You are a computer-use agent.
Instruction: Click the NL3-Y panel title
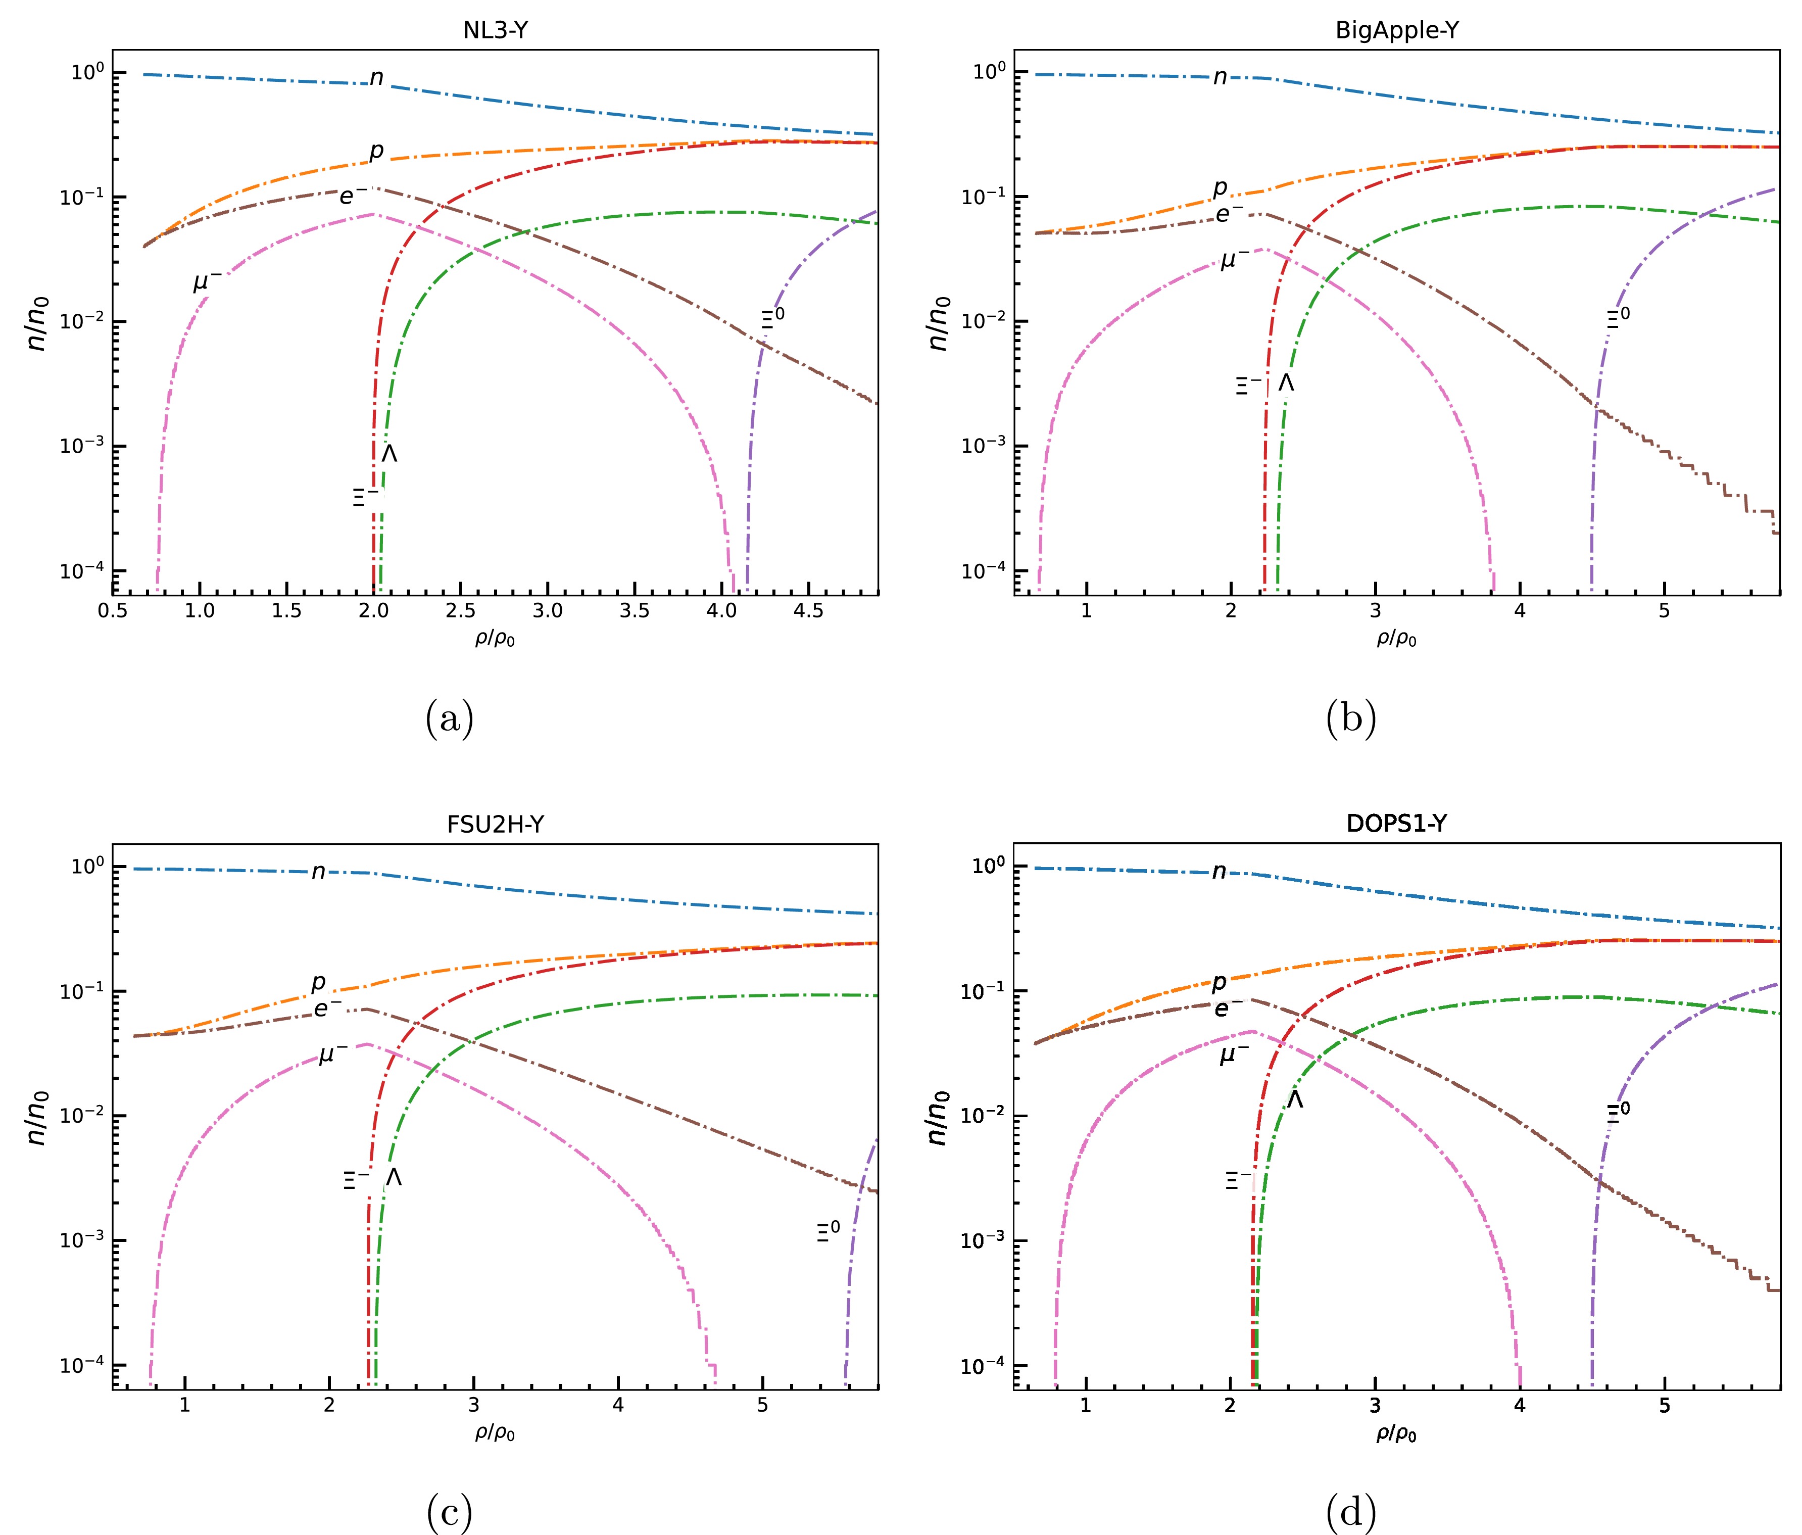(495, 30)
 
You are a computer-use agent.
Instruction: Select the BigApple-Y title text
(1397, 30)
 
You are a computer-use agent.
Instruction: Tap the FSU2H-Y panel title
(495, 824)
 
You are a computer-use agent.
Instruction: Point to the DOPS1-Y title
(1397, 824)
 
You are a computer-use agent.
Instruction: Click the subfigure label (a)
(450, 719)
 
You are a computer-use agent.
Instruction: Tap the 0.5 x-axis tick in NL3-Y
(113, 610)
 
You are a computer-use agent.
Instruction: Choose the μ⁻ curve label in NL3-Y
(207, 282)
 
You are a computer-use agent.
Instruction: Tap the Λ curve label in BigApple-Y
(1286, 382)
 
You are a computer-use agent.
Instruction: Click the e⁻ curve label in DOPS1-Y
(1228, 1008)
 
